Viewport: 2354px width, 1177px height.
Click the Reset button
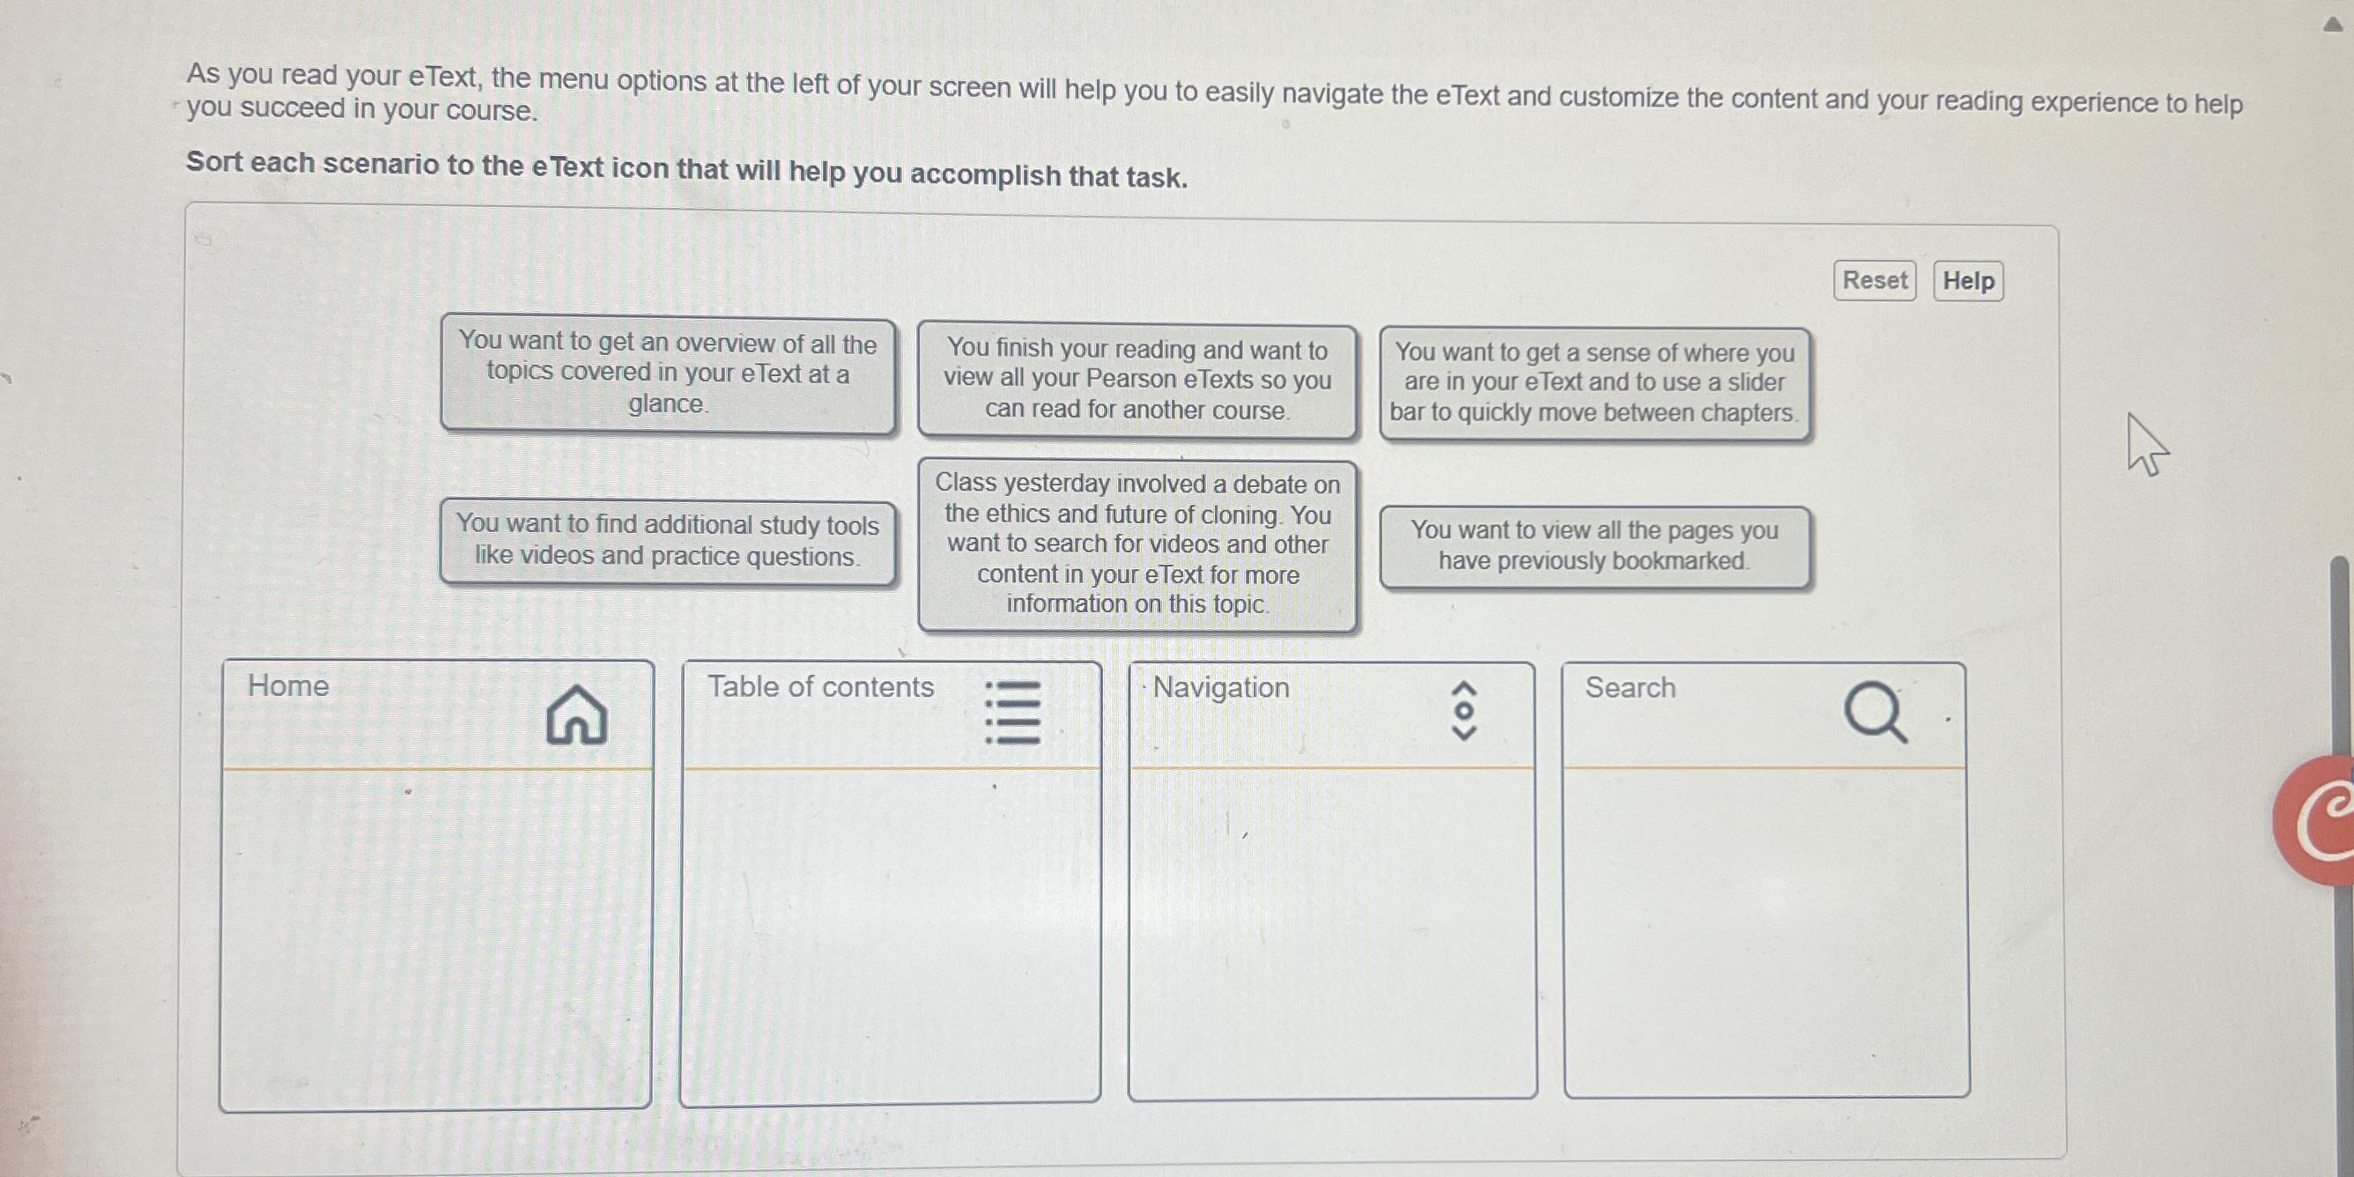click(1873, 279)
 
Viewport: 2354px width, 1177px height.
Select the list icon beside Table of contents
click(1012, 712)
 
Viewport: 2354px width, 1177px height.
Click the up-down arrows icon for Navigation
click(1464, 710)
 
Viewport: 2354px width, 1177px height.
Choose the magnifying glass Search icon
click(1875, 712)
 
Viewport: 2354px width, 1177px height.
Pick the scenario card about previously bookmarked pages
click(1594, 545)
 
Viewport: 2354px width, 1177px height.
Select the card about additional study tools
click(667, 540)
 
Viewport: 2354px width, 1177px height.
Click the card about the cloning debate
click(1136, 544)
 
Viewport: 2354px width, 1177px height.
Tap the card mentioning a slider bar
click(1594, 383)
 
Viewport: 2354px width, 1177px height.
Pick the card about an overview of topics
click(667, 373)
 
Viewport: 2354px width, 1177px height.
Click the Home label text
click(288, 685)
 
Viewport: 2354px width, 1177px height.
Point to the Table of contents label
click(820, 687)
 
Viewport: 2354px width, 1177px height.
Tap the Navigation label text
click(1221, 687)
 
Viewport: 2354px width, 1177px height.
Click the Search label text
click(1630, 687)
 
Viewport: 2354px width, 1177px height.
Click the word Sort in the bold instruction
click(215, 162)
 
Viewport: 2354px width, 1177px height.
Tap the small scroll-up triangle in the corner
click(2332, 24)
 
